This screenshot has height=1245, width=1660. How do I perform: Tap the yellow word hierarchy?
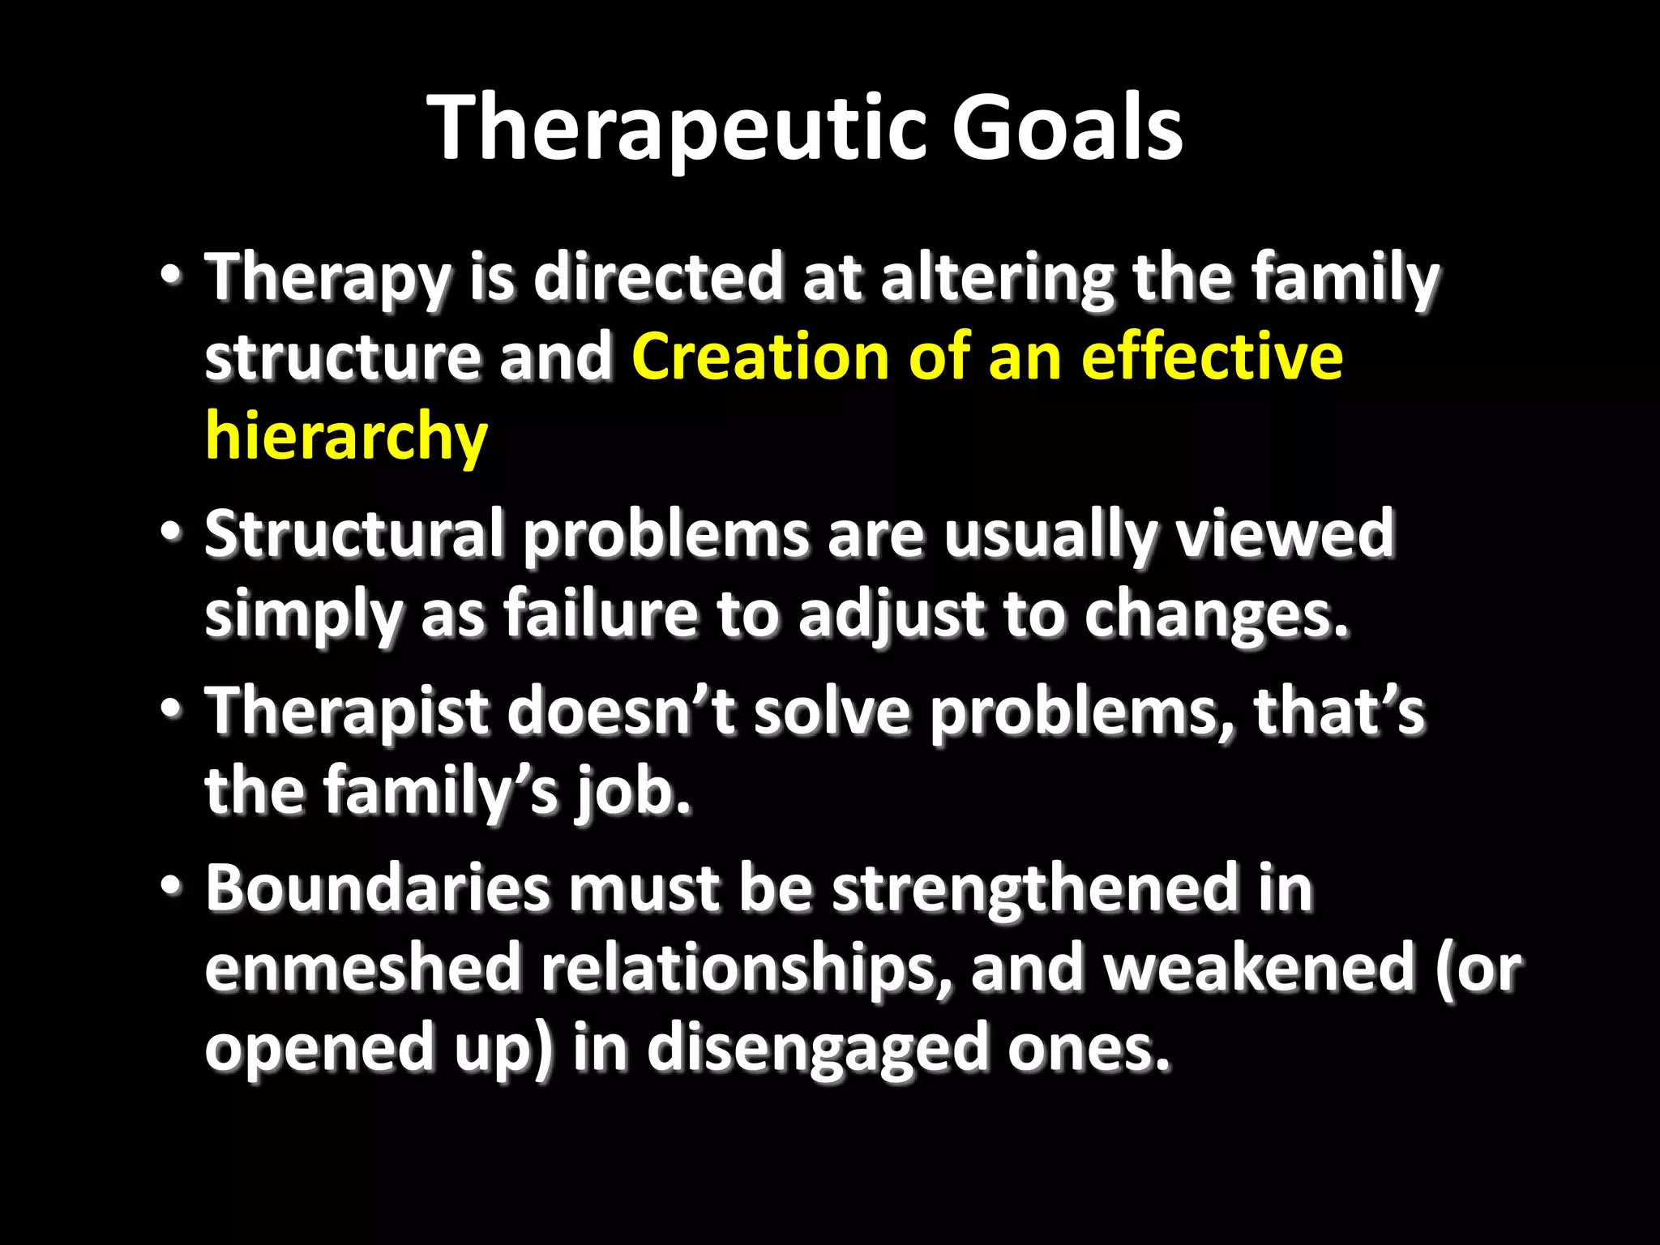(346, 436)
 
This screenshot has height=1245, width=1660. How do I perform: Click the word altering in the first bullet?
(997, 278)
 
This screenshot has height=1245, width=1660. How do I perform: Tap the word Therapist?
(346, 712)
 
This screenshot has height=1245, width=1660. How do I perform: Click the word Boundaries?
(377, 888)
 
